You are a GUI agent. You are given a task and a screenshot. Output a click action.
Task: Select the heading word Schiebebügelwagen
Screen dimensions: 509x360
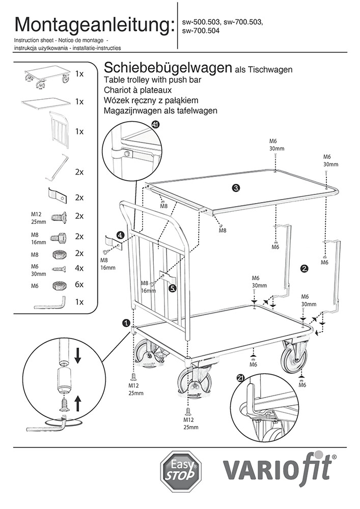tap(168, 68)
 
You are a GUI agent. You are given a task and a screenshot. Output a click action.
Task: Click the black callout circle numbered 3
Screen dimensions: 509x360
tap(236, 188)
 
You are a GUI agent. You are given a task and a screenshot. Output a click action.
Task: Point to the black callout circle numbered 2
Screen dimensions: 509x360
tap(304, 268)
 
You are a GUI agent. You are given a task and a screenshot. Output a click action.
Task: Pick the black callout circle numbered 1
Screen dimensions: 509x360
tap(126, 323)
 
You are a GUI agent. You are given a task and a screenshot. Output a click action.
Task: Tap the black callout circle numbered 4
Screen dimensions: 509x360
tap(120, 235)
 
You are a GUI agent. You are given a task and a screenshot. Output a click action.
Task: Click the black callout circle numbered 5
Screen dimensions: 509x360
tap(173, 288)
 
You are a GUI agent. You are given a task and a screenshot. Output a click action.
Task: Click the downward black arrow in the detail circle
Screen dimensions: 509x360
tap(77, 355)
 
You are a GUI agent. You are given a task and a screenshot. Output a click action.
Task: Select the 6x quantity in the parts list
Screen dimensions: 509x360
tap(79, 285)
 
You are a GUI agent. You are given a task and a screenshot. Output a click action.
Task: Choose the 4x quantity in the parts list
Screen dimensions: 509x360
tap(79, 268)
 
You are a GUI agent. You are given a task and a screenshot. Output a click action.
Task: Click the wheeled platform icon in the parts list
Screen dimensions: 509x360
tap(46, 74)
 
